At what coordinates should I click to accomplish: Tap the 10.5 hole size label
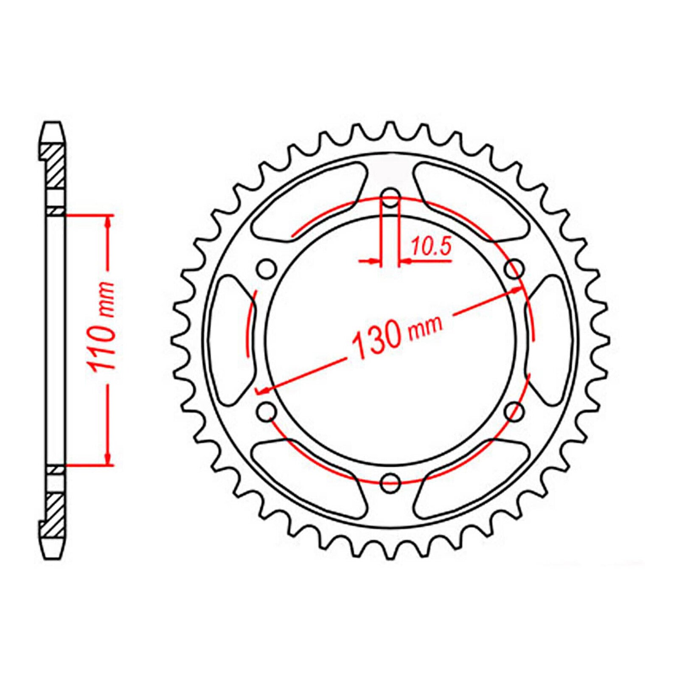click(430, 247)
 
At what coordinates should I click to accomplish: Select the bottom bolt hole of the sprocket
click(390, 481)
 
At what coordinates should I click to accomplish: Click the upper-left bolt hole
click(267, 268)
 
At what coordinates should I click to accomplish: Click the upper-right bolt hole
click(515, 268)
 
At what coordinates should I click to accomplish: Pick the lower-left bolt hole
click(267, 410)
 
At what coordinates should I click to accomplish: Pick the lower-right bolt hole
click(515, 410)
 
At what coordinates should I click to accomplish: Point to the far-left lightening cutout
click(231, 339)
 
